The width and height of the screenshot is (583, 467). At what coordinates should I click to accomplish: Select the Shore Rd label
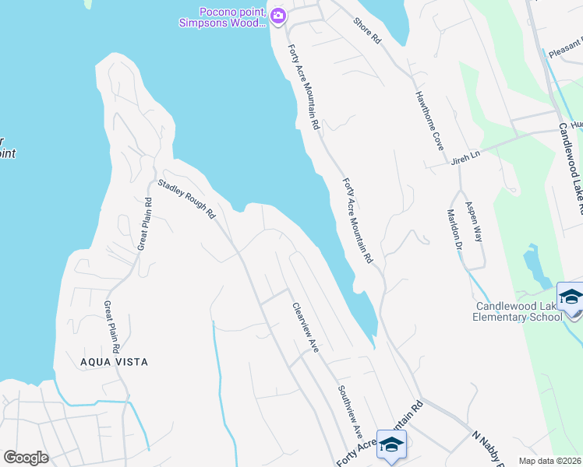pyautogui.click(x=366, y=31)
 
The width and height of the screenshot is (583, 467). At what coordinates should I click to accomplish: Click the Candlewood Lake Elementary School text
pyautogui.click(x=519, y=311)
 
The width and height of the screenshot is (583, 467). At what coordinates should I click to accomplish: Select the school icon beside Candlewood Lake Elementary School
pyautogui.click(x=571, y=300)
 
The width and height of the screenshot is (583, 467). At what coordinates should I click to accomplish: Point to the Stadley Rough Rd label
pyautogui.click(x=186, y=200)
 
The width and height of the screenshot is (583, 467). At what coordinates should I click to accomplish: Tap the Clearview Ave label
pyautogui.click(x=305, y=327)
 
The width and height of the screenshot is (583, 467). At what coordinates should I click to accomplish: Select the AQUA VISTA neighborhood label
pyautogui.click(x=113, y=362)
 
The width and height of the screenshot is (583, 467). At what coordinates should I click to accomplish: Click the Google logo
pyautogui.click(x=26, y=458)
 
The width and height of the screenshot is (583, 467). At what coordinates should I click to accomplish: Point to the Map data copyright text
pyautogui.click(x=549, y=461)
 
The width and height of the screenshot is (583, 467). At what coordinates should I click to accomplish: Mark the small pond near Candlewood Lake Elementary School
pyautogui.click(x=535, y=265)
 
